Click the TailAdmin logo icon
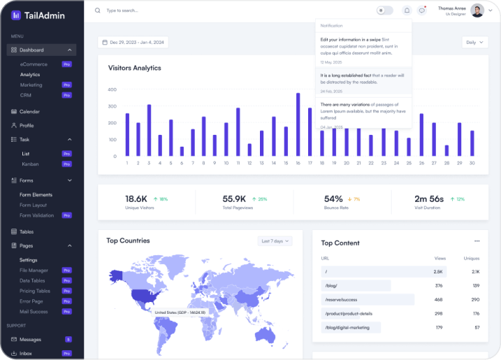[16, 15]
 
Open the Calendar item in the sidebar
[29, 111]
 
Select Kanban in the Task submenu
[28, 164]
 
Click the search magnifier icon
[97, 10]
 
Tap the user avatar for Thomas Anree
[477, 10]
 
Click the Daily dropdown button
[475, 42]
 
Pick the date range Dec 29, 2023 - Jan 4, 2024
[133, 43]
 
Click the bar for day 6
[182, 151]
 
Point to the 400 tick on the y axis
[112, 90]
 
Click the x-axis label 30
[472, 163]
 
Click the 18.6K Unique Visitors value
[136, 199]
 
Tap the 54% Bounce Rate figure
[333, 199]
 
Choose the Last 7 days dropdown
[275, 241]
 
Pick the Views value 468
[439, 299]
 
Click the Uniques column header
[472, 259]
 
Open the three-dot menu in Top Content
[477, 241]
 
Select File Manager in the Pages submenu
[34, 270]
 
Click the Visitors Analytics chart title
[134, 68]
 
